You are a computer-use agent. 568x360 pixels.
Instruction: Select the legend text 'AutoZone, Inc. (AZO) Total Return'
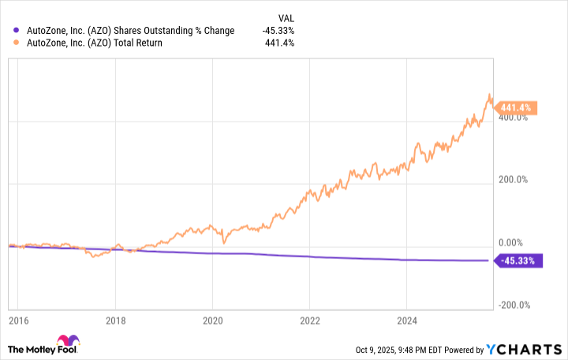point(95,43)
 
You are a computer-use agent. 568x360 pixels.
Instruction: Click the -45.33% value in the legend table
point(278,31)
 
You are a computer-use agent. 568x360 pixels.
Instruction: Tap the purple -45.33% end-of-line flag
point(518,261)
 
